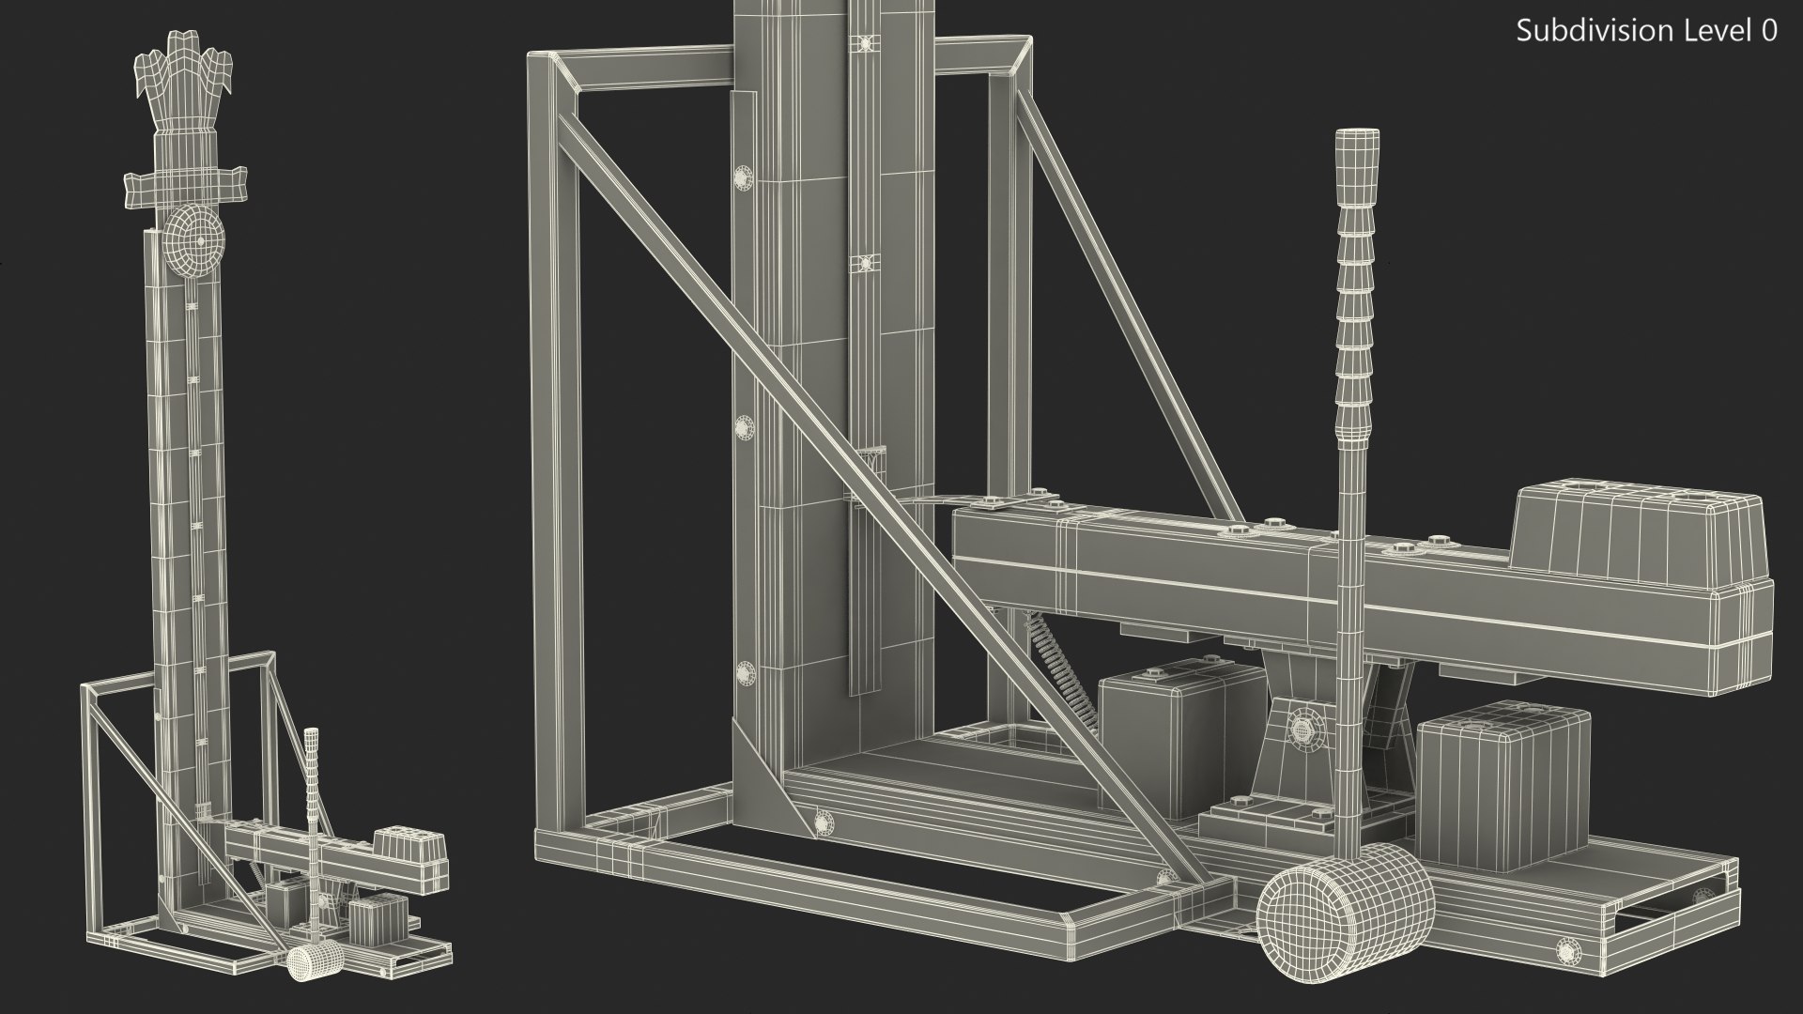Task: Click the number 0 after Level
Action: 1769,31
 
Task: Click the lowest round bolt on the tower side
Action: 746,673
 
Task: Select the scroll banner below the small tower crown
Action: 184,185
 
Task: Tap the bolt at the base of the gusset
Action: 824,822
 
